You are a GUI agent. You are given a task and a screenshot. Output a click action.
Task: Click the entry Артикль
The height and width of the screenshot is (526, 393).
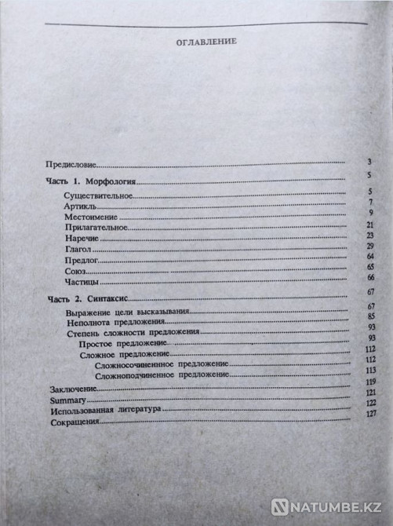(78, 205)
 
